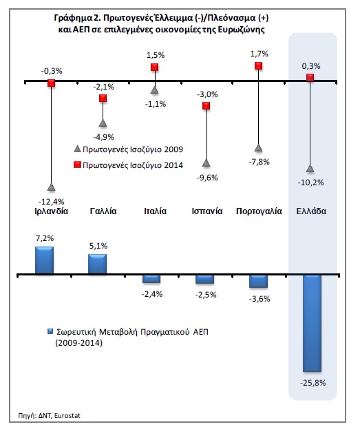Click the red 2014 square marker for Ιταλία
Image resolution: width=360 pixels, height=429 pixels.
(155, 67)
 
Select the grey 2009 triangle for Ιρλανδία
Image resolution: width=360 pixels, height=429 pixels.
(51, 187)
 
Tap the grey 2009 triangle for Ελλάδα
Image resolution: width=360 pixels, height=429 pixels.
(310, 169)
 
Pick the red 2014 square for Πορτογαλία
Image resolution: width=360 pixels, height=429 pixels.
(259, 65)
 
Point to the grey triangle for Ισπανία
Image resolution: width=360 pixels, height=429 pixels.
(207, 163)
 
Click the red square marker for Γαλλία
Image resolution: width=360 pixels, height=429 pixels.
(103, 98)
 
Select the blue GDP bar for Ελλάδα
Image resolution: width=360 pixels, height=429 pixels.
(312, 323)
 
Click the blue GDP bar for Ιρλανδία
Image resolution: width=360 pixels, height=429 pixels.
(44, 260)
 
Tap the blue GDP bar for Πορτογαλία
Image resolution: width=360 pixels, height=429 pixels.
(258, 281)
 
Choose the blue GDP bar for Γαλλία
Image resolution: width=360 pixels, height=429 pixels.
(97, 264)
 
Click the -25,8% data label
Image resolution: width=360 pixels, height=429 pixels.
(313, 383)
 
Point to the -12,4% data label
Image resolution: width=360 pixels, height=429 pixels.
(51, 202)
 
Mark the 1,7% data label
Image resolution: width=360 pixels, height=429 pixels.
(259, 54)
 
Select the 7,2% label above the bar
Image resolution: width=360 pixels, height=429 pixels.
(45, 238)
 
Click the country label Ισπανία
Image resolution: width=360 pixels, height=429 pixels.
(207, 211)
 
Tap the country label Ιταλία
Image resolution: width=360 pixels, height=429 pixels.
(155, 211)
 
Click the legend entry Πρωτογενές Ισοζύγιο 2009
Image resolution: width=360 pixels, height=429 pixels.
(129, 149)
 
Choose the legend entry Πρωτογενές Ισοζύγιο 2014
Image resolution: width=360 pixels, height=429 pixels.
(129, 165)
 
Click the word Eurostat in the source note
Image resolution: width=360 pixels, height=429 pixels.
(67, 416)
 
